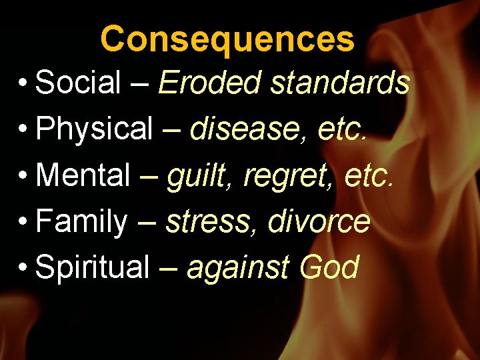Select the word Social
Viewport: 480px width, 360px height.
coord(77,83)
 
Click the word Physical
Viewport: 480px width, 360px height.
coord(95,129)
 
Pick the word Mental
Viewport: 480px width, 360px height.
coord(83,175)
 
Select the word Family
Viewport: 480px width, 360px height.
coord(81,221)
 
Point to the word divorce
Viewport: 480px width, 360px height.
coord(319,221)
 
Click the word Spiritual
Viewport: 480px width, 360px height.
coord(93,267)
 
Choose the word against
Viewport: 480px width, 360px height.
coord(239,268)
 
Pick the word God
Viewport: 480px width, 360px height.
coord(329,267)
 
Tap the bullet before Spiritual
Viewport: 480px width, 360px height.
coord(23,268)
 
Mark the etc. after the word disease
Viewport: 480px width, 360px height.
coord(342,129)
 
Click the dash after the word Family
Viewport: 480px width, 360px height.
coord(146,222)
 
